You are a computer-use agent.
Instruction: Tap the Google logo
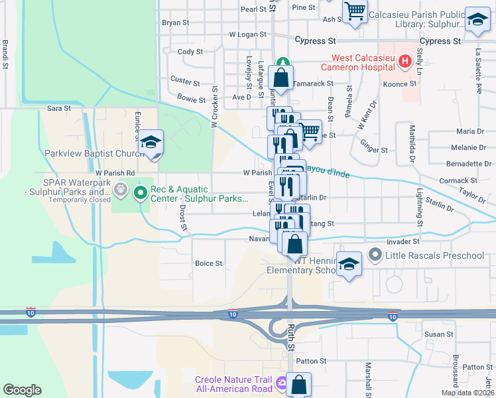[x=22, y=390]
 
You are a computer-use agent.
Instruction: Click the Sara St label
[x=58, y=107]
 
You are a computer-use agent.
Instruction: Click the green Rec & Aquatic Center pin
[x=140, y=193]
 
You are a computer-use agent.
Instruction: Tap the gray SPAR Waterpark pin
[x=120, y=189]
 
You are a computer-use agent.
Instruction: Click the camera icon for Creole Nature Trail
[x=282, y=383]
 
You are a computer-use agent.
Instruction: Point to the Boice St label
[x=208, y=263]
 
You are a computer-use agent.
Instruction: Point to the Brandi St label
[x=5, y=54]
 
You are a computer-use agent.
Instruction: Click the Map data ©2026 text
[x=467, y=393]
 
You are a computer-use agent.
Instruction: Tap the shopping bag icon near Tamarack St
[x=281, y=78]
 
